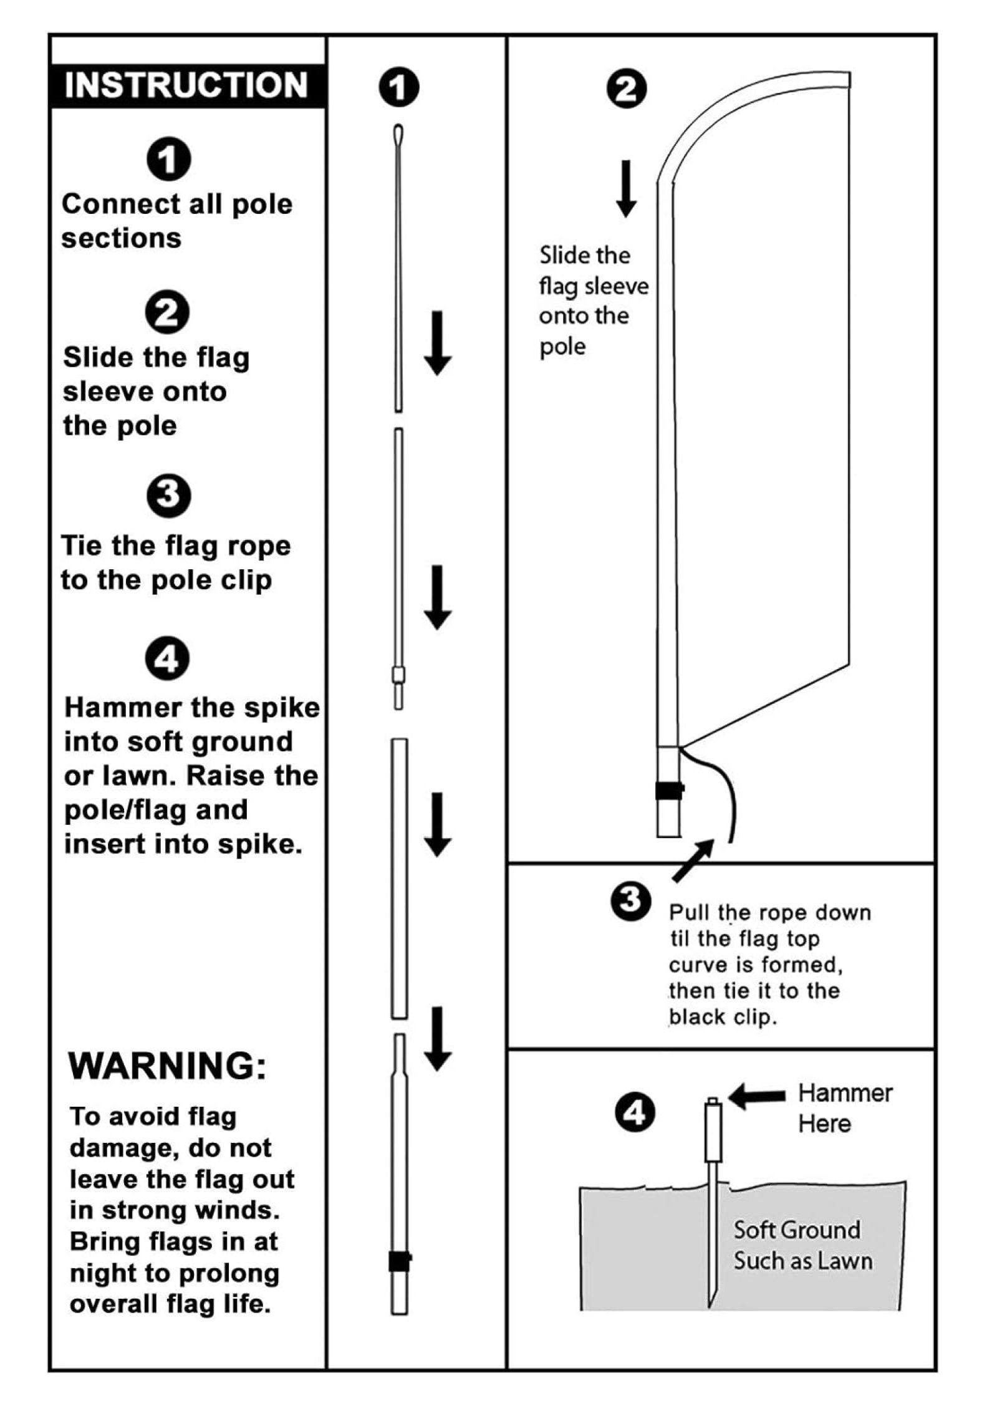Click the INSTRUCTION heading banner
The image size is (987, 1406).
coord(186,85)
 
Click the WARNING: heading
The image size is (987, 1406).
coord(167,1066)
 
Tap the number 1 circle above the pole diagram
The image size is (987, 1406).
coord(399,87)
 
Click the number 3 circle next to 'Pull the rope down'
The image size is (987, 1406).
coord(631,900)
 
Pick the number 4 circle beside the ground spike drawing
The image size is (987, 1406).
coord(635,1113)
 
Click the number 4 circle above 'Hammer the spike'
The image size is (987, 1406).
coord(167,659)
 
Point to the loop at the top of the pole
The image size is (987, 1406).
coord(398,135)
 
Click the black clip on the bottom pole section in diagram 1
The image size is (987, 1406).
coord(399,1261)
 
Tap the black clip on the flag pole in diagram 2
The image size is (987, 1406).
coord(669,790)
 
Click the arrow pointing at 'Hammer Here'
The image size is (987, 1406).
coord(756,1096)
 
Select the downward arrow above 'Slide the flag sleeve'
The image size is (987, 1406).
coord(626,188)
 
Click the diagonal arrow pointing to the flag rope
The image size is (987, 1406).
coord(693,860)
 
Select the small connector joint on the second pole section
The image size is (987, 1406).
coord(398,676)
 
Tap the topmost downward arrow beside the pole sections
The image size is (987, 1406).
coord(437,343)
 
